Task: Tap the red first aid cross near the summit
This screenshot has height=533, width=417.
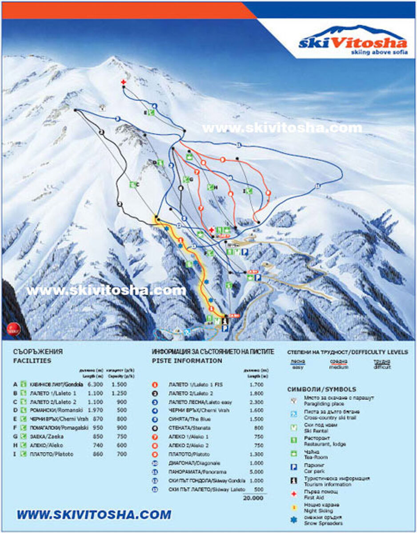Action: point(123,82)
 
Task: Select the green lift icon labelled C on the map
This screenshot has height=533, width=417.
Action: point(132,184)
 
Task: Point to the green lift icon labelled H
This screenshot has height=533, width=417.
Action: point(210,187)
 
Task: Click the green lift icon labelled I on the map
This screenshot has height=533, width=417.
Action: point(249,191)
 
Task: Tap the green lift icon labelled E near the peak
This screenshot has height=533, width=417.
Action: point(151,112)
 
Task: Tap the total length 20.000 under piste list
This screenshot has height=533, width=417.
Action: point(253,498)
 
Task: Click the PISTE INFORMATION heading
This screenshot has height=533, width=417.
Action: point(187,361)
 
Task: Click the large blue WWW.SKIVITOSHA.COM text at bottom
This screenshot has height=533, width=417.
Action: point(94,515)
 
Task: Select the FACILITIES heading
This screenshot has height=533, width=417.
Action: point(32,361)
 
